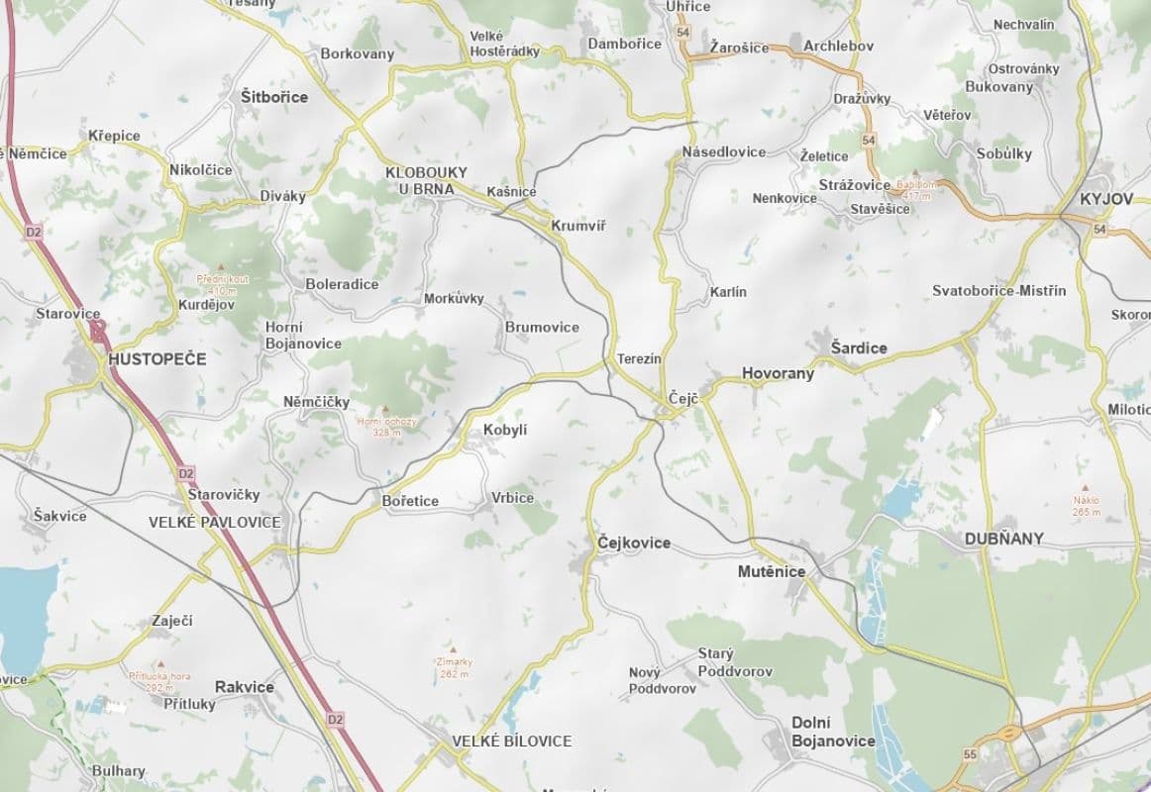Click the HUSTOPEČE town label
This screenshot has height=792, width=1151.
point(157,358)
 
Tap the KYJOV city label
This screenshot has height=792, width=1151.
point(1106,199)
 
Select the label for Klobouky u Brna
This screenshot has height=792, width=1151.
point(426,180)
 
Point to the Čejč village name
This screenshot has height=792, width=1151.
point(683,398)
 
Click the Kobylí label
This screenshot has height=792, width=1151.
point(505,430)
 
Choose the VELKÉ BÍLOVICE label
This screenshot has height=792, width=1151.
point(512,741)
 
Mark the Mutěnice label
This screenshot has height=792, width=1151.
point(772,571)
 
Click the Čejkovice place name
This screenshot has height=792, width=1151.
point(634,543)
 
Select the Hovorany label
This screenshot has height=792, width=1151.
point(778,373)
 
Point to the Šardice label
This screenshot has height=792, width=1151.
point(859,348)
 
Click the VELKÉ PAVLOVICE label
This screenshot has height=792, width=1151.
point(215,522)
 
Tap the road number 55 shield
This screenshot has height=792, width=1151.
point(968,754)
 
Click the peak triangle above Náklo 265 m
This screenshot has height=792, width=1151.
point(1087,488)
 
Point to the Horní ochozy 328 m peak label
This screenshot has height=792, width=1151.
point(386,426)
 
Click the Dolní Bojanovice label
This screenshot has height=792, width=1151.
point(833,732)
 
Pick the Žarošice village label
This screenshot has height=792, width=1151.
point(739,48)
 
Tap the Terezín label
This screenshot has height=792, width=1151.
point(638,358)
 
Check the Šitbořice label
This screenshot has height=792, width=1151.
point(274,97)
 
